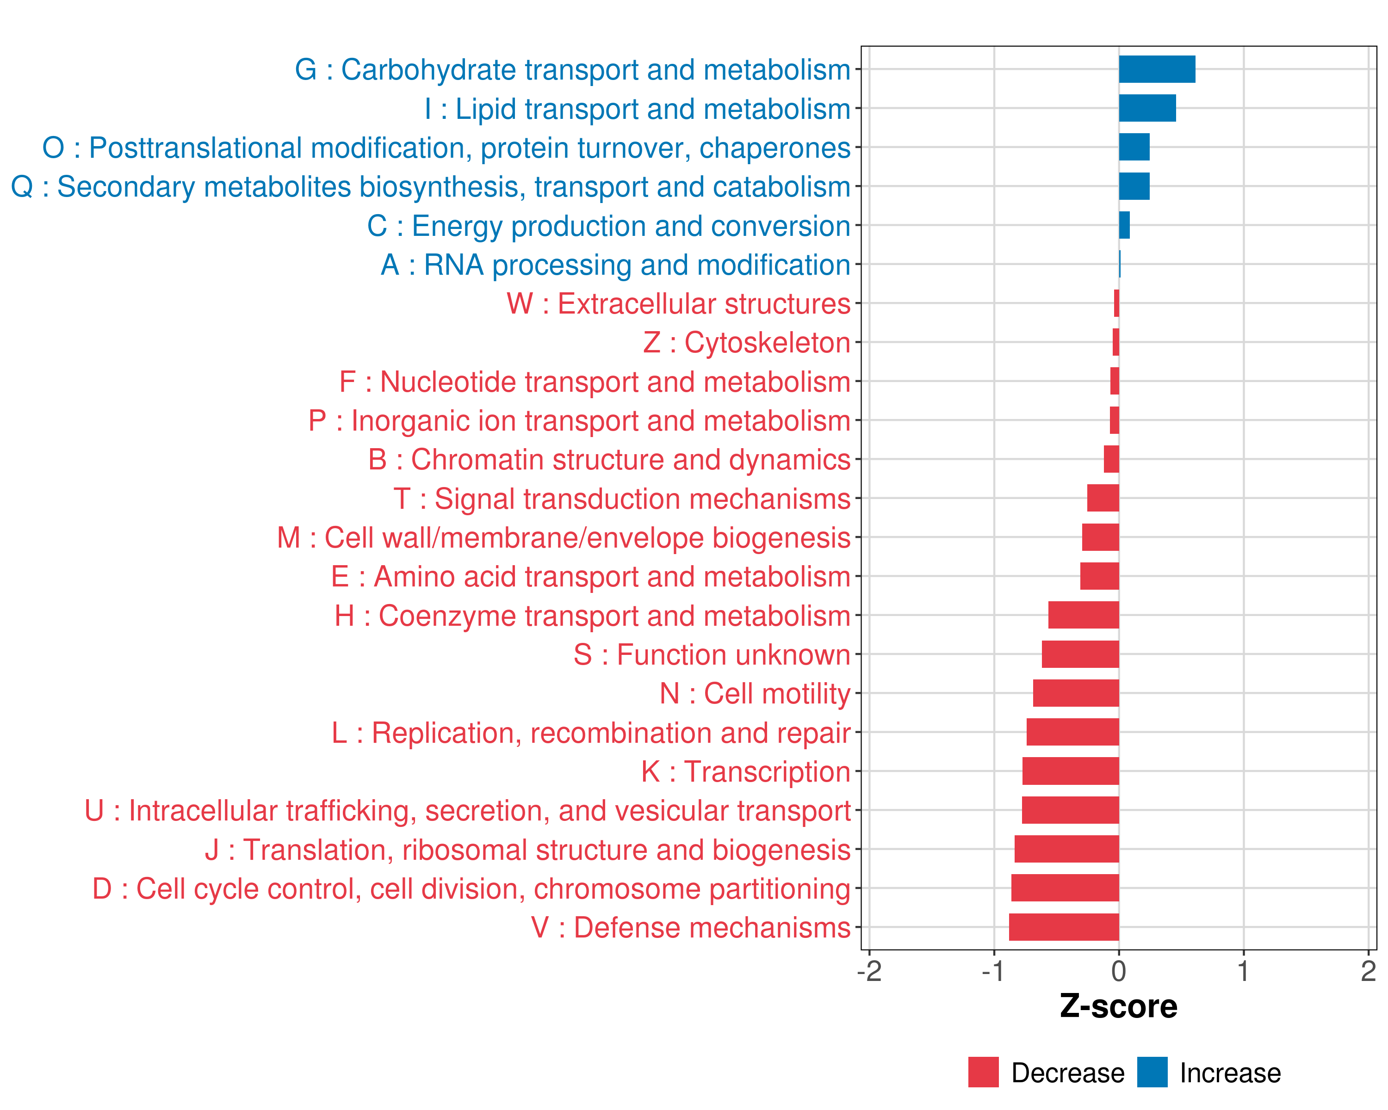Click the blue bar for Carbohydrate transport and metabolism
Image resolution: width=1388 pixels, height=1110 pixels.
pos(1157,69)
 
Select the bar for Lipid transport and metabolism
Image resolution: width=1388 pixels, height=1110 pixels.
pos(1147,108)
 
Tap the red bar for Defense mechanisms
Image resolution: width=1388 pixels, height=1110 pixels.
pos(1064,927)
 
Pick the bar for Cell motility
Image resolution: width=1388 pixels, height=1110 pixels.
pos(1076,693)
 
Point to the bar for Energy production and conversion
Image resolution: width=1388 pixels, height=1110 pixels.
pos(1124,225)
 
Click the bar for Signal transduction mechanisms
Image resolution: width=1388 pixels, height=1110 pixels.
pos(1103,498)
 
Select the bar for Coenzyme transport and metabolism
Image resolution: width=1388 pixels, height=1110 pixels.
pos(1084,615)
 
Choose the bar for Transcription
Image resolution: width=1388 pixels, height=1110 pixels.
pos(1071,771)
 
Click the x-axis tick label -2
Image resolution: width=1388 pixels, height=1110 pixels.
pos(868,971)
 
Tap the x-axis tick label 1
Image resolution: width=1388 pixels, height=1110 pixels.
pos(1243,971)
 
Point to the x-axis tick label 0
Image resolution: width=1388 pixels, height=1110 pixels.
pos(1119,971)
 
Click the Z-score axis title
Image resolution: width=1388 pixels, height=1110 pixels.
pos(1118,1006)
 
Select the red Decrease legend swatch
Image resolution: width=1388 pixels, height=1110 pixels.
pos(983,1072)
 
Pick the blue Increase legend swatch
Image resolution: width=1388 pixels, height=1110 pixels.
pos(1152,1072)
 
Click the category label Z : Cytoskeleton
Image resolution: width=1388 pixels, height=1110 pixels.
pos(747,342)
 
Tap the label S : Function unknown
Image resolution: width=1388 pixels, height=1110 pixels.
pos(712,655)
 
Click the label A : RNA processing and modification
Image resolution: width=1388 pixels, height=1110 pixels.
pos(615,265)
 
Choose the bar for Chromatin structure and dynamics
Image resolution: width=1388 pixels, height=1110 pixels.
pos(1111,459)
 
